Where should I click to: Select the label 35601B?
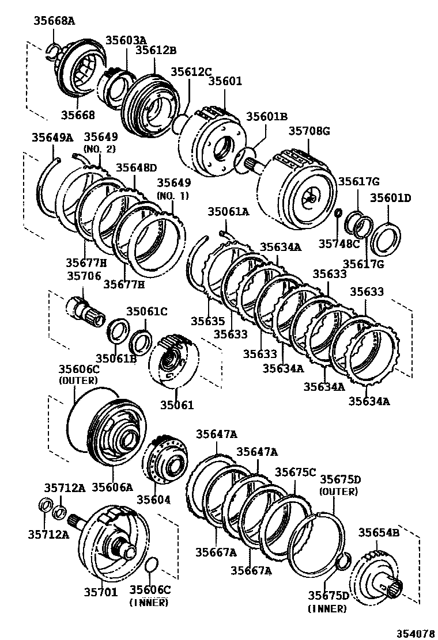(267, 117)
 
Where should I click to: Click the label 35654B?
(379, 532)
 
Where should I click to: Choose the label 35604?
(153, 500)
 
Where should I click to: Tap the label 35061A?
(229, 212)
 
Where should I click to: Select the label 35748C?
(339, 243)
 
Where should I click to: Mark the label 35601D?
(390, 199)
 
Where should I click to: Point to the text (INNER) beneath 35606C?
(149, 602)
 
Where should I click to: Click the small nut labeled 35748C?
(338, 214)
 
